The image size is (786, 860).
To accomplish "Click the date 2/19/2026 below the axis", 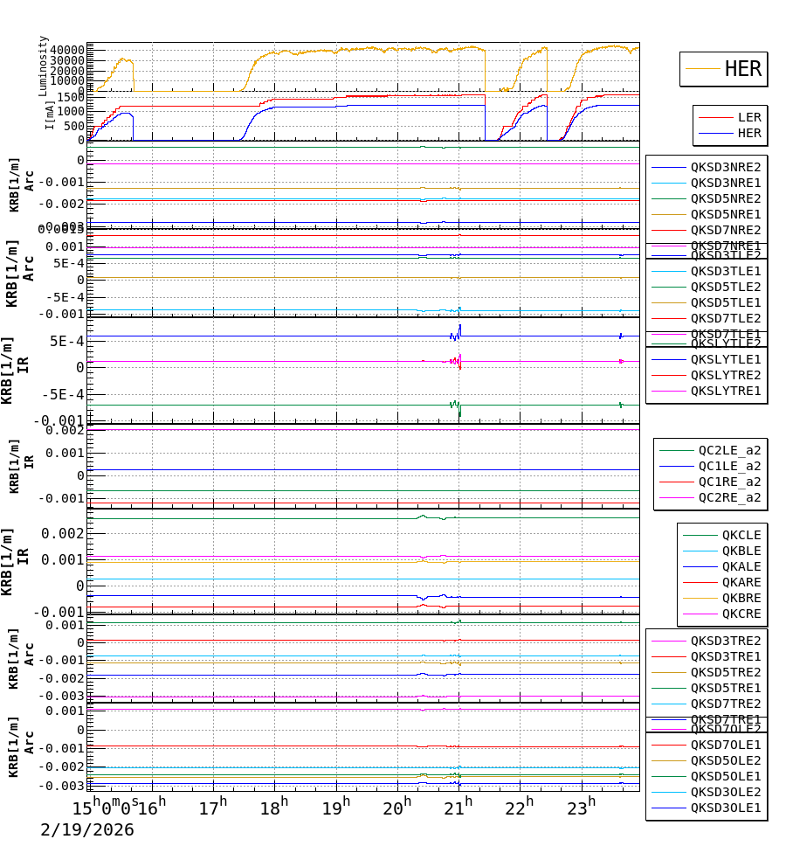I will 87,830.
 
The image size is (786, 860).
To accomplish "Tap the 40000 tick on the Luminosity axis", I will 67,50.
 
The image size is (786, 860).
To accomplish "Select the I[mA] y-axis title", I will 49,115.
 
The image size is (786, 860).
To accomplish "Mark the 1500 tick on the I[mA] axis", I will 71,97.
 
